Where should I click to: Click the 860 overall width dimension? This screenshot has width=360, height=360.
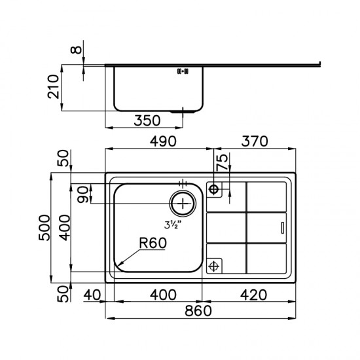point(198,311)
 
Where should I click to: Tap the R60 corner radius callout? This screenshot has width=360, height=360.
point(153,243)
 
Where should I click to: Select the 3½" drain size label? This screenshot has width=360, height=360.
point(173,225)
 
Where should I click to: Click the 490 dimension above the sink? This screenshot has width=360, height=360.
point(163,141)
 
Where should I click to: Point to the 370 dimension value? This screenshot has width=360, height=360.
point(255,141)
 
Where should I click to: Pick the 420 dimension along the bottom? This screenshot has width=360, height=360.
point(254,295)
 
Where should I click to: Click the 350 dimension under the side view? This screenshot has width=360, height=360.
point(147,121)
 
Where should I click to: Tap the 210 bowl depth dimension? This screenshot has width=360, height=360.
point(53,86)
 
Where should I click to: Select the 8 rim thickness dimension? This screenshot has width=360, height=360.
point(76,50)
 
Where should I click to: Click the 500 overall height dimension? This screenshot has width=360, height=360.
point(44,228)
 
